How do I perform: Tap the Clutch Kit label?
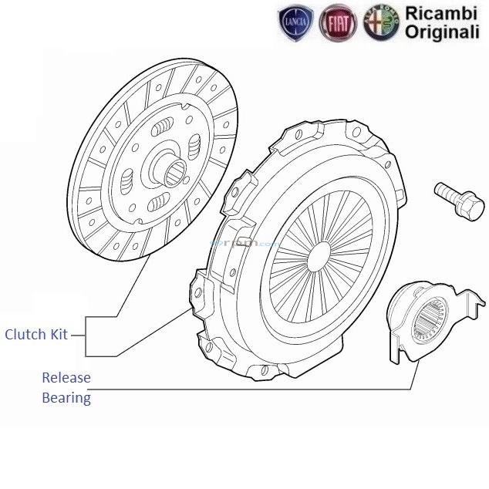36,335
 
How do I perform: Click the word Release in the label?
66,378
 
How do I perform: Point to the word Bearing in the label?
66,398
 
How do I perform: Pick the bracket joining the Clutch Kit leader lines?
86,335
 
